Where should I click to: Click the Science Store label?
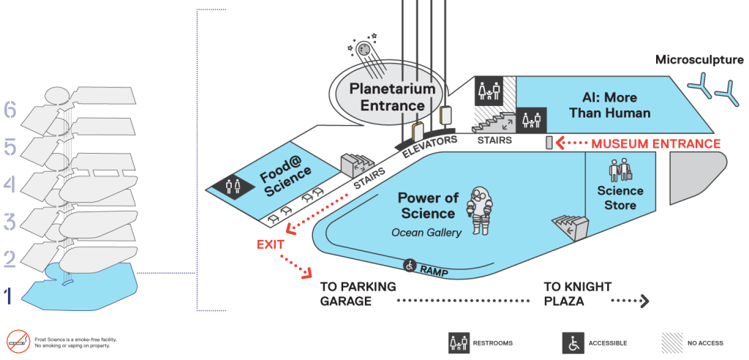pos(620,198)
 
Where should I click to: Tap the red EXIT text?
pos(271,245)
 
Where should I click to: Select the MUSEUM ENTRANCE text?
pos(656,143)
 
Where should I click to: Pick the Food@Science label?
pos(286,179)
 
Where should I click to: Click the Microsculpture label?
pos(699,60)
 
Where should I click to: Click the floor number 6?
pos(10,110)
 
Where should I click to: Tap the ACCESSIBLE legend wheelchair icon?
pos(571,342)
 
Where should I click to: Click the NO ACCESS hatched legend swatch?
pos(671,342)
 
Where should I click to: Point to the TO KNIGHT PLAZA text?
pos(578,294)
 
